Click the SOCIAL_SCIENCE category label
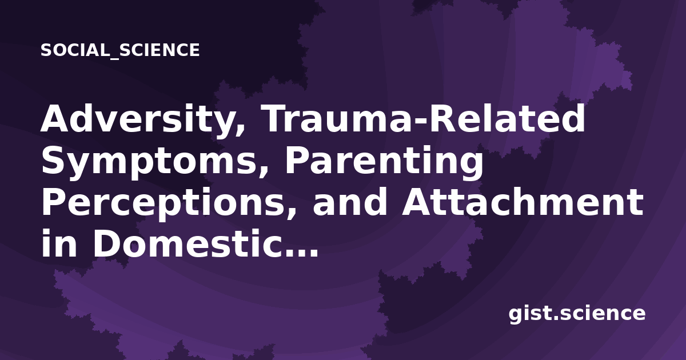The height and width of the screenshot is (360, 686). (x=120, y=50)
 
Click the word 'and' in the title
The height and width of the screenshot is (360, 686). (x=350, y=201)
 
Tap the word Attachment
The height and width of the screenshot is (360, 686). (x=523, y=201)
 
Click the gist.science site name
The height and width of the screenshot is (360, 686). (x=577, y=314)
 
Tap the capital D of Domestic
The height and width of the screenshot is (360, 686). (x=107, y=243)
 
